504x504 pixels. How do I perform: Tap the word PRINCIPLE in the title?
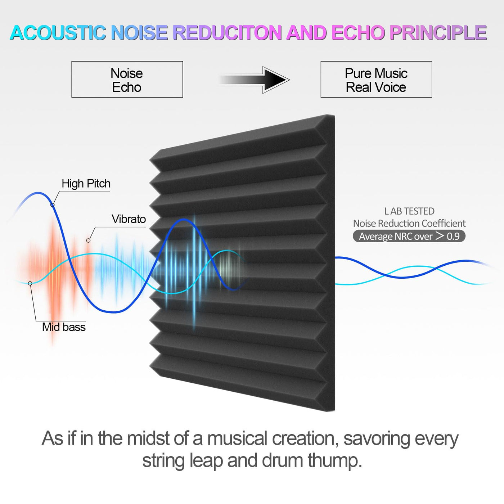438,33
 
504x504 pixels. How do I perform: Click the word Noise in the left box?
127,73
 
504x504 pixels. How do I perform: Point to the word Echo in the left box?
127,87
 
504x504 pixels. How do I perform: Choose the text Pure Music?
376,73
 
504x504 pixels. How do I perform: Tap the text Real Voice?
376,87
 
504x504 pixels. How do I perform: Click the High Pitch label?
86,184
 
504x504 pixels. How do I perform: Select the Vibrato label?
129,219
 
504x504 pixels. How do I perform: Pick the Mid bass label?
64,327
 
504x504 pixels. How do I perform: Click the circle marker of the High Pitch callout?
53,205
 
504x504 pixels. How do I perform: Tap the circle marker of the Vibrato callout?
89,240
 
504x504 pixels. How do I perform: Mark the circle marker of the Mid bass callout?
30,283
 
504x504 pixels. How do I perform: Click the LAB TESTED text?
409,211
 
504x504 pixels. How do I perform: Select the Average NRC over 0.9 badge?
409,236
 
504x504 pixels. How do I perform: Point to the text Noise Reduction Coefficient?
409,224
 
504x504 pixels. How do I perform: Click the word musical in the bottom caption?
237,438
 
